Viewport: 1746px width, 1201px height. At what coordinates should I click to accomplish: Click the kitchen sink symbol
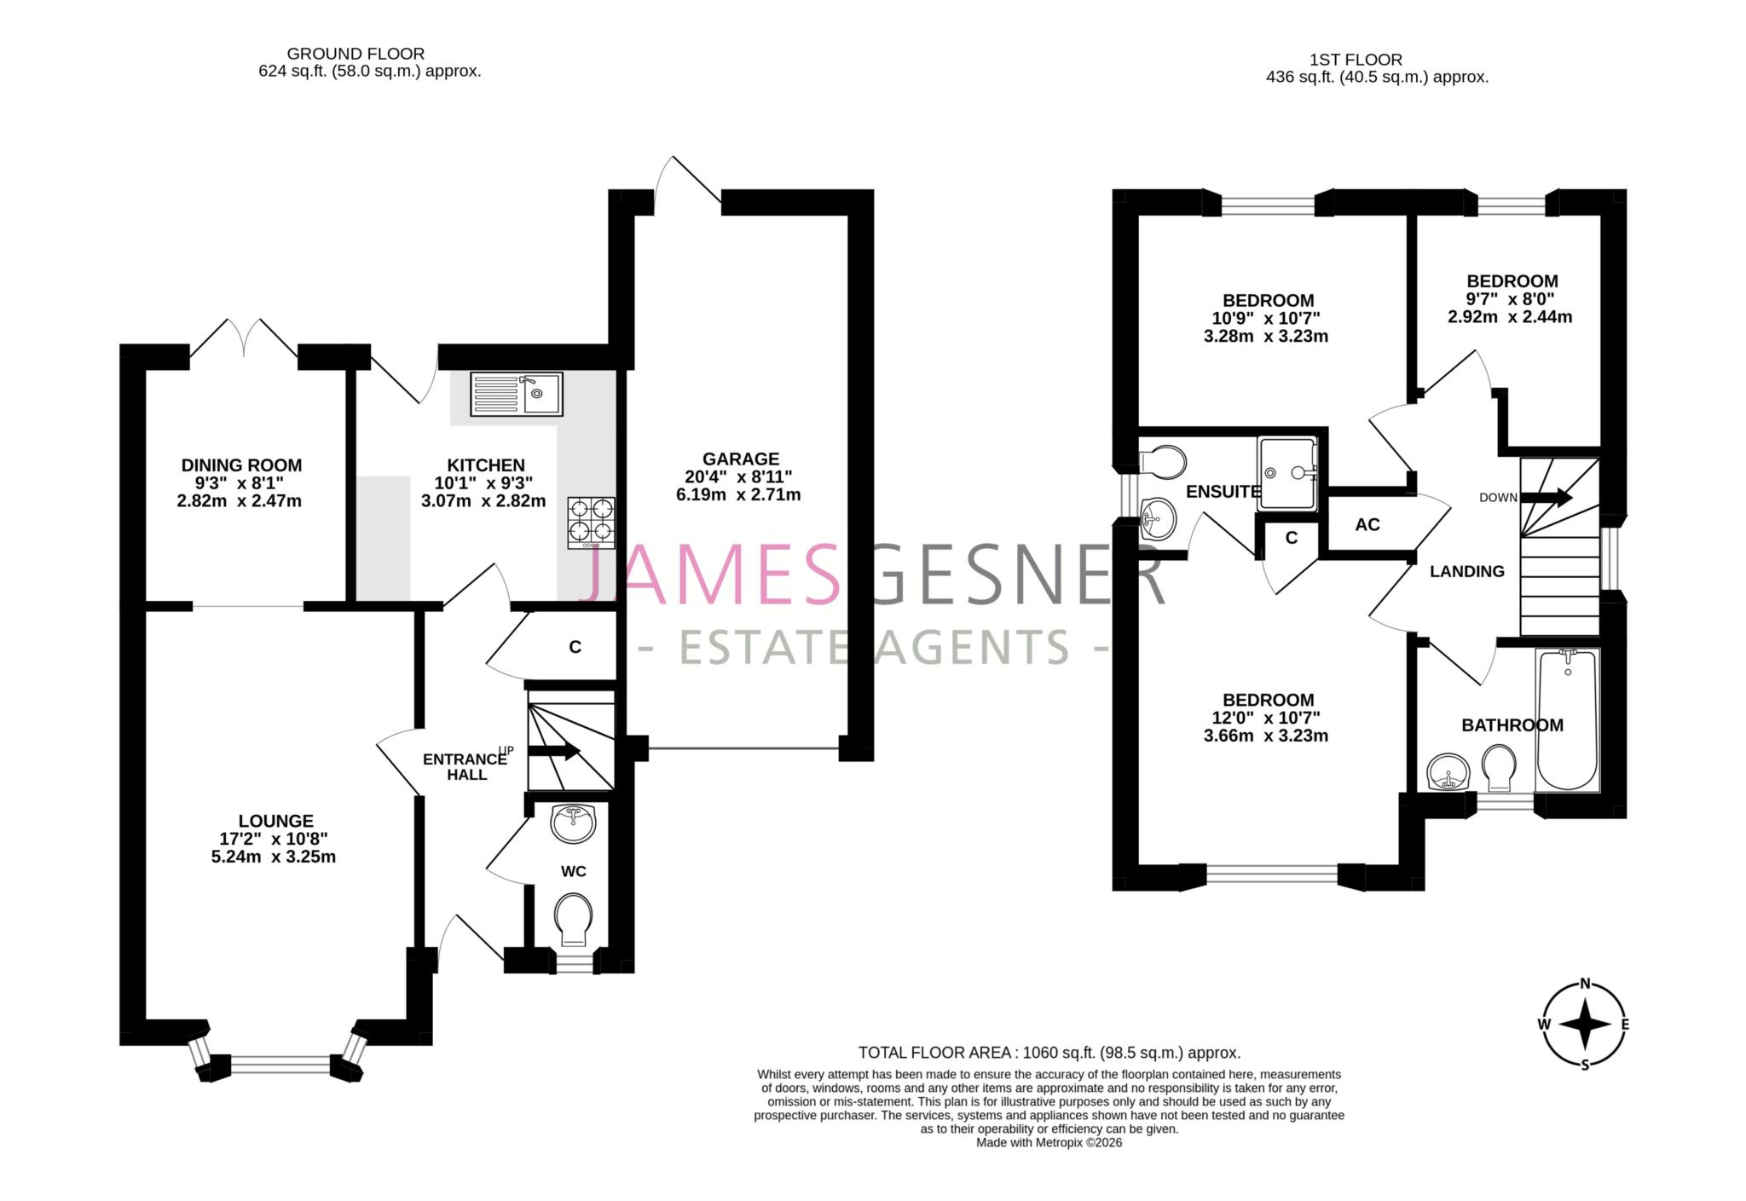[x=516, y=394]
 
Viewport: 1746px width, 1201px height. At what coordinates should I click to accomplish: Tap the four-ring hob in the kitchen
[x=591, y=522]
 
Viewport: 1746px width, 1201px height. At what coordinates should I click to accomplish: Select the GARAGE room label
[x=740, y=459]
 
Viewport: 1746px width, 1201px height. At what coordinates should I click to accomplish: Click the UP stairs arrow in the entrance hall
[x=554, y=751]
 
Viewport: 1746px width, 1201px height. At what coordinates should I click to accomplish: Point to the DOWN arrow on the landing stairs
[x=1546, y=497]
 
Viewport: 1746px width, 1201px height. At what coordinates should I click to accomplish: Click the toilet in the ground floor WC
[x=573, y=920]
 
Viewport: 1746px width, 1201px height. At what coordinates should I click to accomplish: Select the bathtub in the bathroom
[x=1567, y=720]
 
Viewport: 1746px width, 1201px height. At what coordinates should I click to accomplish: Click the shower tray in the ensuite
[x=1287, y=473]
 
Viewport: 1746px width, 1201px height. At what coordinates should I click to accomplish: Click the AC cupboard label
[x=1367, y=525]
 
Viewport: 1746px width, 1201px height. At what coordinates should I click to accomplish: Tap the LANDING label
[x=1466, y=571]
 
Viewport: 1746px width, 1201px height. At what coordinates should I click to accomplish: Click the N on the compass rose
[x=1585, y=983]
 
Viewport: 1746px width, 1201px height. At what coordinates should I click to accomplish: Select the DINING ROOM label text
[x=241, y=465]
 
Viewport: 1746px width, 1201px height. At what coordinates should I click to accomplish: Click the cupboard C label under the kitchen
[x=575, y=648]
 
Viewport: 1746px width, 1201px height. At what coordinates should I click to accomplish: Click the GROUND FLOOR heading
[x=356, y=54]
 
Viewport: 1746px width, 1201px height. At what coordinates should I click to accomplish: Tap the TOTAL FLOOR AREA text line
[x=1049, y=1053]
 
